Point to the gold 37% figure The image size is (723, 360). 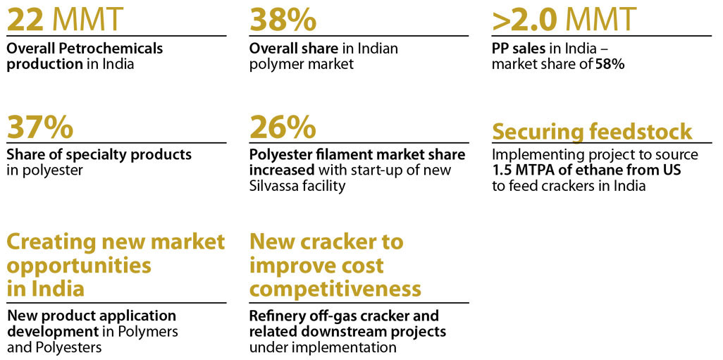[40, 128]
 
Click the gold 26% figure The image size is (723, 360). [283, 128]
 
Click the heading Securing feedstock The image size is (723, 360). [592, 132]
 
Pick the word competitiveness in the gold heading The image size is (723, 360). [335, 289]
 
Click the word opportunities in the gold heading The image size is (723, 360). [79, 266]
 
